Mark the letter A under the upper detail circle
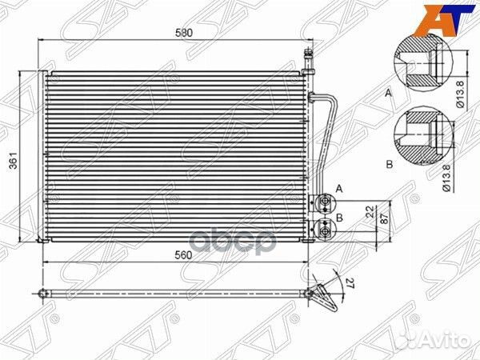(x=389, y=94)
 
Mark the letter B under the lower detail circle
(x=389, y=164)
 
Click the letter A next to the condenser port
(x=339, y=190)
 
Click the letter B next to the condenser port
(x=339, y=218)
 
